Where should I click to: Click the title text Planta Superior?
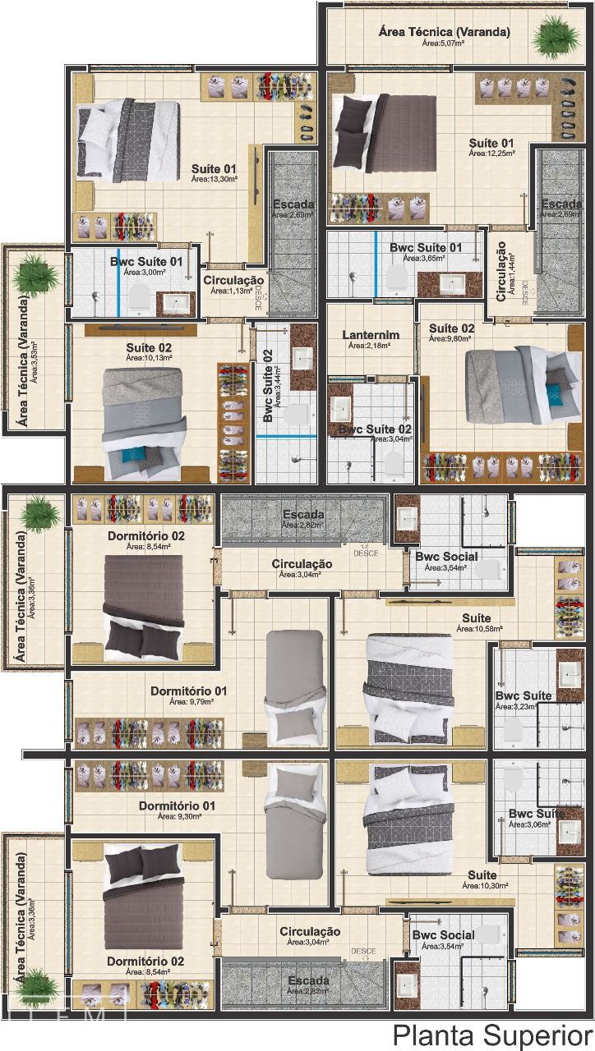[x=491, y=1033]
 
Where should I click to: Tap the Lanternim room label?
[x=370, y=334]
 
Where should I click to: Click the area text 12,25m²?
[x=491, y=153]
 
